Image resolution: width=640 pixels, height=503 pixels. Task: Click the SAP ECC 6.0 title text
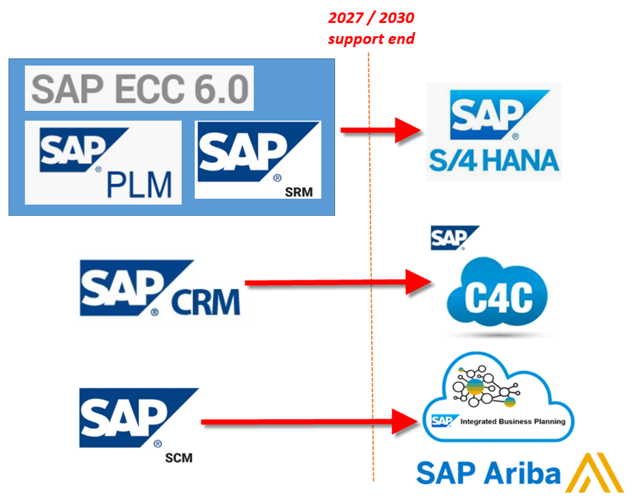139,88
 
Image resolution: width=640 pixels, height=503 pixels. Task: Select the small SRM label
300,192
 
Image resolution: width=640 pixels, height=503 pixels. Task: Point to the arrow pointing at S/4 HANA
381,129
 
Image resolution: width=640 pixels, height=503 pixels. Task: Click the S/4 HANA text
494,160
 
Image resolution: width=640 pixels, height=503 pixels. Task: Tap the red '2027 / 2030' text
372,18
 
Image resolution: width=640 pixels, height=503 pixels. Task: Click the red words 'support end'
371,38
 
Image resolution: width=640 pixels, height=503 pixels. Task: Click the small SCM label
178,458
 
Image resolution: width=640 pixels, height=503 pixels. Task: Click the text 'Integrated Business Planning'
513,421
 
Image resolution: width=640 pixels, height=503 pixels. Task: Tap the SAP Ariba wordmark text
488,473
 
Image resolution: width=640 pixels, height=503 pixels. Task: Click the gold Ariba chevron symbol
594,472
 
